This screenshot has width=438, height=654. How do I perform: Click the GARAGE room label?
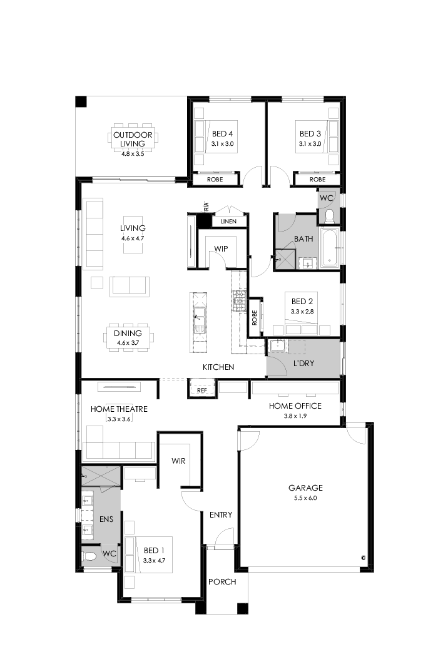[x=305, y=488]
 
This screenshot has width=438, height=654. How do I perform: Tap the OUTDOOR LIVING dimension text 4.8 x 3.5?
[x=133, y=153]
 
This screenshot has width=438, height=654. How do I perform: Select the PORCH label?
[x=222, y=582]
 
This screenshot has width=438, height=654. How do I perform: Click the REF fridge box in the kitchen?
[x=201, y=390]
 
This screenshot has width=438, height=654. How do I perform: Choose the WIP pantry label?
[x=221, y=248]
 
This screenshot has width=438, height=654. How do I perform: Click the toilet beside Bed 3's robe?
[x=329, y=217]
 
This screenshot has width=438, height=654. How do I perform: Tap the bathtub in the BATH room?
[x=330, y=248]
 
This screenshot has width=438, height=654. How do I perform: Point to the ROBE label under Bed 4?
[x=215, y=180]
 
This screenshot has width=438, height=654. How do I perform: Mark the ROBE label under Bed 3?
[x=317, y=180]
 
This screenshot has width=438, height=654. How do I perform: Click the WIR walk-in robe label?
[x=180, y=461]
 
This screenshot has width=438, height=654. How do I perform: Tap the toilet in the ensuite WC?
[x=89, y=555]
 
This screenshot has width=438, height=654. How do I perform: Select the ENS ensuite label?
[x=106, y=519]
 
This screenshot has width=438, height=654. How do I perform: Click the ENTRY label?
[x=221, y=515]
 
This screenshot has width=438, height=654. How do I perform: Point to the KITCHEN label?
[x=218, y=367]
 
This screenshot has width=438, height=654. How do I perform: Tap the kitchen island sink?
[x=199, y=314]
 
